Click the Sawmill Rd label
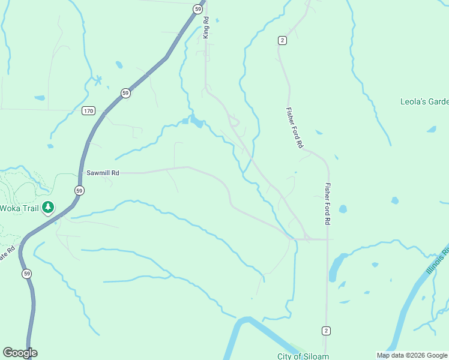[102, 173]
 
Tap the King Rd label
[205, 28]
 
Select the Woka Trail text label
[19, 208]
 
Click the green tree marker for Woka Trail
[48, 208]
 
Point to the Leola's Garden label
[424, 101]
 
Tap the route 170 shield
[89, 111]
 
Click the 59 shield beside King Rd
[197, 8]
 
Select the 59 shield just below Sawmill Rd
[79, 190]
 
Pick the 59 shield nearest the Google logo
[26, 274]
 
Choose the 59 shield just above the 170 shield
[125, 93]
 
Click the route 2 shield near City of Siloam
[325, 331]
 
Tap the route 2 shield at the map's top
[282, 40]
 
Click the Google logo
[20, 353]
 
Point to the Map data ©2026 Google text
[412, 355]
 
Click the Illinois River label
[438, 261]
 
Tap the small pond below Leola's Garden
[431, 129]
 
